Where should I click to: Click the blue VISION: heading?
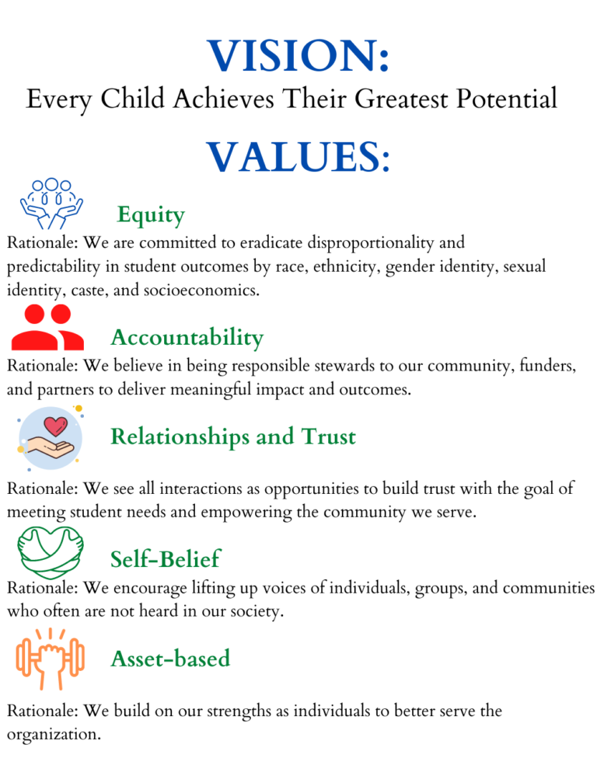(x=298, y=56)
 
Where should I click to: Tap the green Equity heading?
(x=151, y=214)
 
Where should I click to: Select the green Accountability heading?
(x=187, y=338)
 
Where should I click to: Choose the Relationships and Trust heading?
(x=233, y=436)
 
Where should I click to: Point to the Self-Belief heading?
(x=165, y=558)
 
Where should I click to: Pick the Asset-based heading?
(x=170, y=659)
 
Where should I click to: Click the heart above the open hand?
(x=56, y=426)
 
